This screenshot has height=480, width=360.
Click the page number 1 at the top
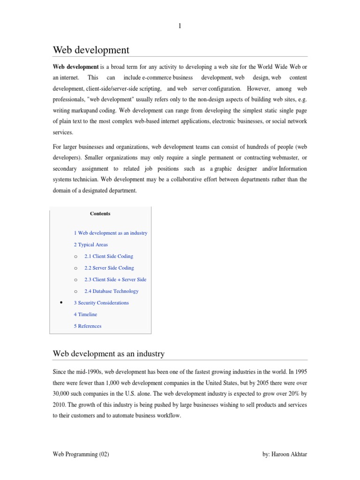[180, 27]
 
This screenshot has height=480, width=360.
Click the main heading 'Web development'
[91, 50]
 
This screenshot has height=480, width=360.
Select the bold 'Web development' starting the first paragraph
[75, 67]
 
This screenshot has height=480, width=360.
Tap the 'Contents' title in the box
[100, 214]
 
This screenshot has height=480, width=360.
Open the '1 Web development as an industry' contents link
[110, 233]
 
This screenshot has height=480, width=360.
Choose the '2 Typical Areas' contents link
[90, 245]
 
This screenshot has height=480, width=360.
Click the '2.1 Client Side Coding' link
[108, 256]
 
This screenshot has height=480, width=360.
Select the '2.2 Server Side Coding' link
[109, 268]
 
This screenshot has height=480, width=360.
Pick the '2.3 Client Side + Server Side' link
[115, 279]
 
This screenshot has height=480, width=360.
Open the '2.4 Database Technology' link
[111, 291]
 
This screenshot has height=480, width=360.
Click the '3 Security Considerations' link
[101, 303]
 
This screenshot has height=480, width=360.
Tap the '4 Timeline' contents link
[85, 315]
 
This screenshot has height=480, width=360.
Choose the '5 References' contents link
[87, 326]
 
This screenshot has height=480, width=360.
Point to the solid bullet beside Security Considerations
[62, 303]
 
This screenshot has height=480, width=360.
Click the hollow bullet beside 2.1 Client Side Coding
[75, 257]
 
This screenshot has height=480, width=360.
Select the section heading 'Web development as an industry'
[108, 353]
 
